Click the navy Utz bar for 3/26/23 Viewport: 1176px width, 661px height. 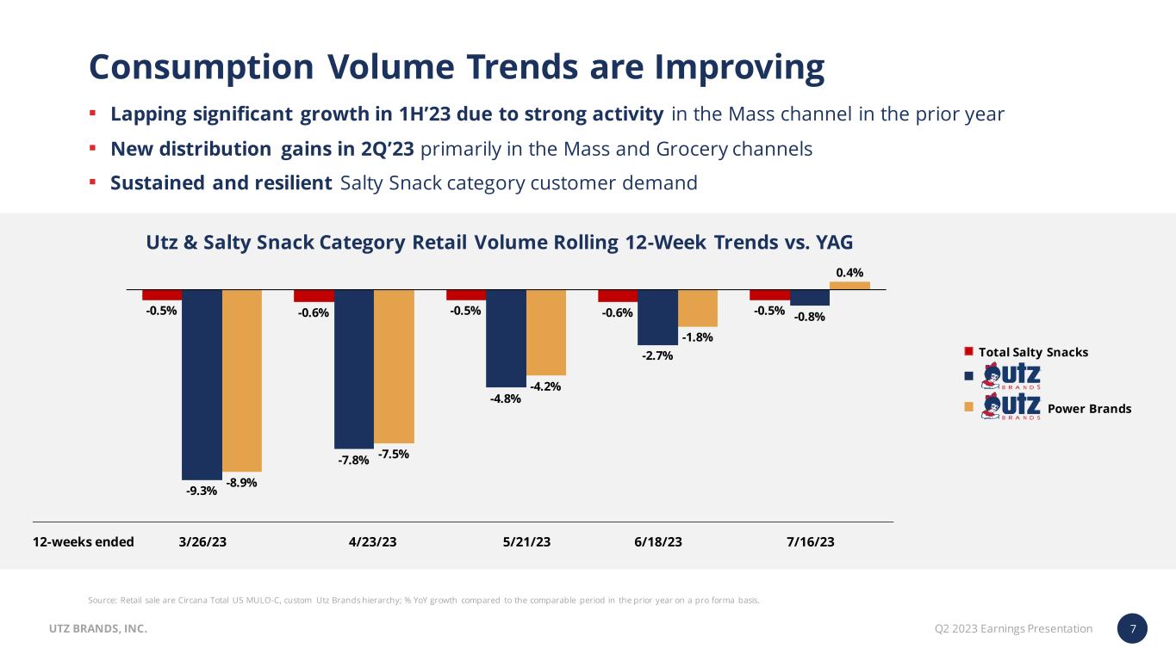tap(202, 384)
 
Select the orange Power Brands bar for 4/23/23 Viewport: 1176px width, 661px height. tap(394, 366)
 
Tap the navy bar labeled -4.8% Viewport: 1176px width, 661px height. tap(506, 338)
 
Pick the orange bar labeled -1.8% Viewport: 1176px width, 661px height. tap(698, 307)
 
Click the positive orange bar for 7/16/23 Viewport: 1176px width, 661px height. tap(849, 285)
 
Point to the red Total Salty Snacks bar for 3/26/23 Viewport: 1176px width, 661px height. tap(162, 294)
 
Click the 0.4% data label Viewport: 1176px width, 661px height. tap(850, 273)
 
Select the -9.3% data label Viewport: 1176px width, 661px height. tap(202, 491)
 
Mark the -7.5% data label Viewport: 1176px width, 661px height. tap(394, 454)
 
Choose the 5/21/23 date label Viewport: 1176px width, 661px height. tap(526, 542)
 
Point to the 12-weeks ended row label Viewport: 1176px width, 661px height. tap(84, 542)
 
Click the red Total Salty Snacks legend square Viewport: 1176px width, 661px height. tap(968, 351)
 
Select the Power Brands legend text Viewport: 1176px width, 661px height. tap(1096, 409)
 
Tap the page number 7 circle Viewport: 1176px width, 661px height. tap(1133, 629)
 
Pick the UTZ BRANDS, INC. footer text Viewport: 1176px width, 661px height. tap(97, 629)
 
